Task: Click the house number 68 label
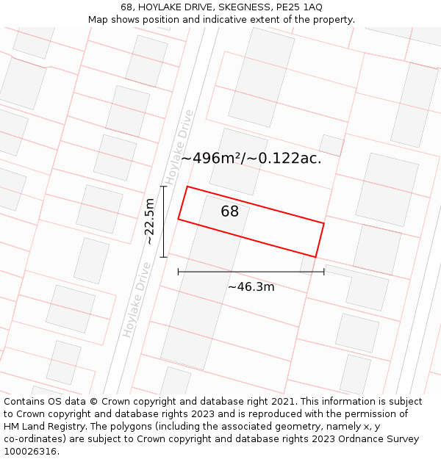tap(230, 212)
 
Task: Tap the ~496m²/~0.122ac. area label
tap(251, 158)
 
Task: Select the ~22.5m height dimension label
tap(149, 221)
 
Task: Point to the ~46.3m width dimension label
tap(251, 286)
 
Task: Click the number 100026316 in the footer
tap(30, 452)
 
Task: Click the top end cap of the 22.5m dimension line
tap(163, 187)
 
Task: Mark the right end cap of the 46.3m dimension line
tap(324, 272)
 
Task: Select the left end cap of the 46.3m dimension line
tap(178, 272)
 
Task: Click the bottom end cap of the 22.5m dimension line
tap(163, 257)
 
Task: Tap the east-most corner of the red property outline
tap(324, 223)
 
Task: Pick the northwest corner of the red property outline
tap(187, 187)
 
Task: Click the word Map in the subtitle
tap(98, 20)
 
